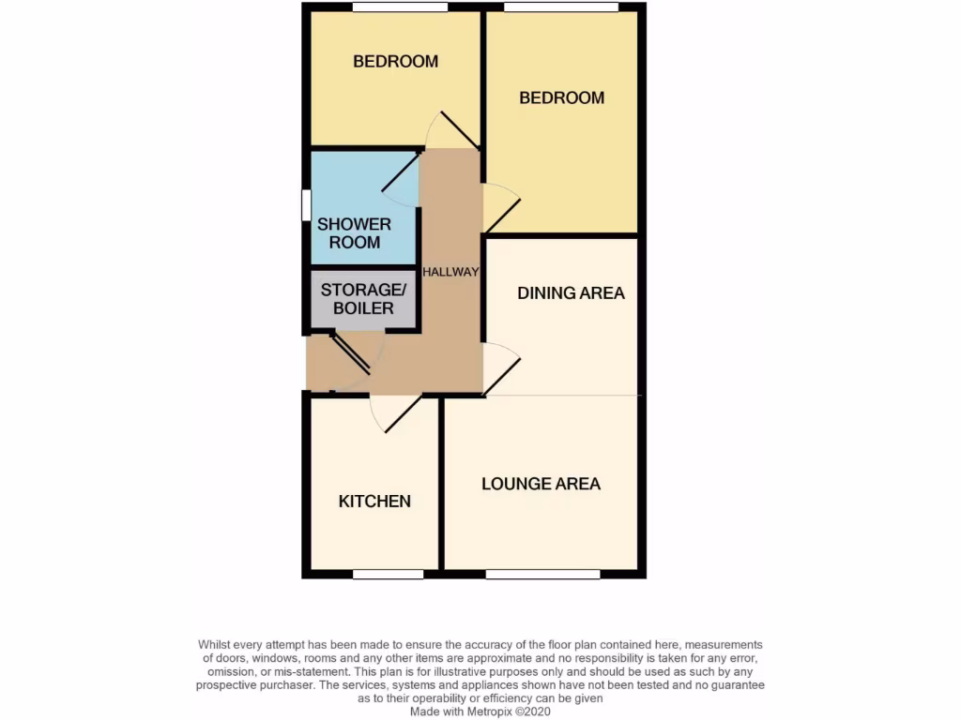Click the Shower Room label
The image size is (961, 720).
(354, 232)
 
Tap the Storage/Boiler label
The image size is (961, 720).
(363, 298)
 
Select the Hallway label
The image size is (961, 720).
(450, 272)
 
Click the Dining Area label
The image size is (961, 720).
(571, 292)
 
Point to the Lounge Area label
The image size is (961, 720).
(541, 484)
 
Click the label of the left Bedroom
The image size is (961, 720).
(395, 62)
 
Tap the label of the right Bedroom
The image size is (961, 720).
(561, 97)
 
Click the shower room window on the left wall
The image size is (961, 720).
(306, 205)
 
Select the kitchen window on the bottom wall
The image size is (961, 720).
(388, 574)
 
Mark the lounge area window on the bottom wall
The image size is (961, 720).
(542, 574)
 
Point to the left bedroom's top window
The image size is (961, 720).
(400, 7)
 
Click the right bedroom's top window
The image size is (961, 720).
(561, 7)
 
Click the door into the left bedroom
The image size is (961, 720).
(457, 130)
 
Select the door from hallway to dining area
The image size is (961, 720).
(500, 371)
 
